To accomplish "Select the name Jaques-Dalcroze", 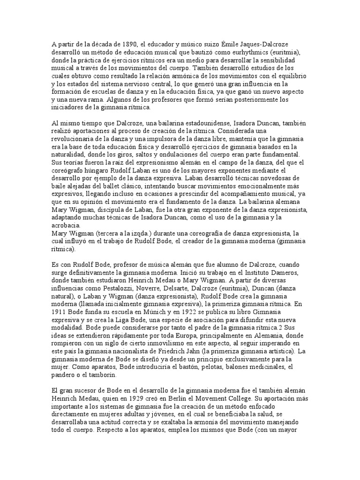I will coord(277,44).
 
